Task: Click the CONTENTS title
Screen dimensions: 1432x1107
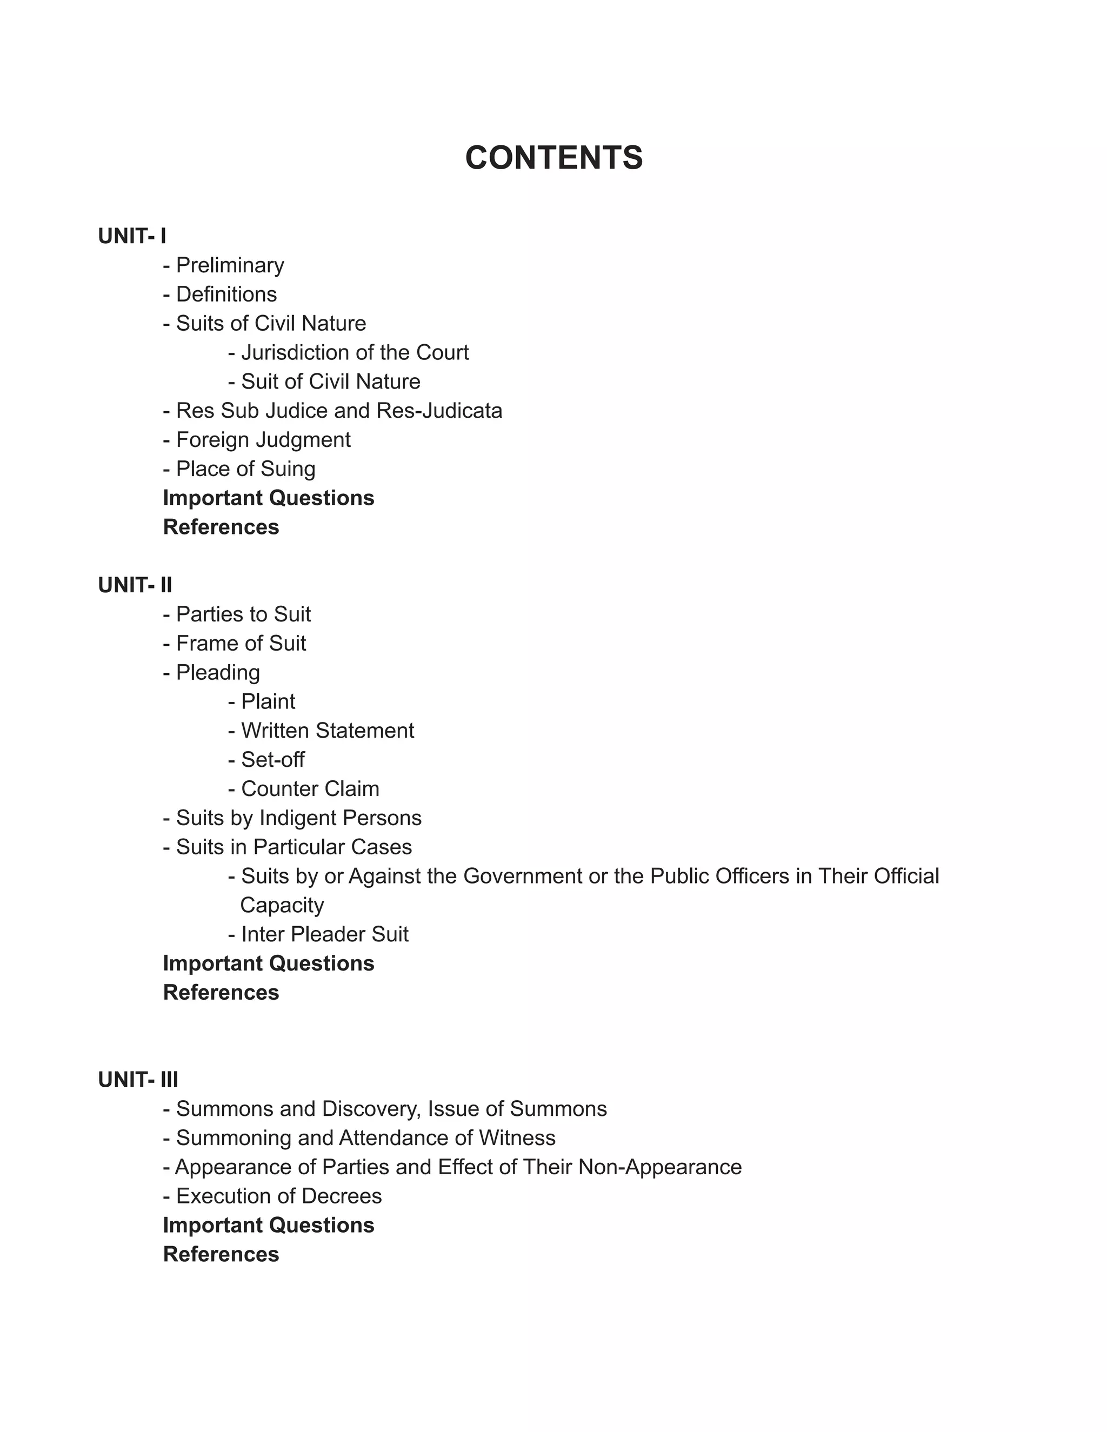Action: (553, 158)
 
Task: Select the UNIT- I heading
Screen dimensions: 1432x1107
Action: (132, 236)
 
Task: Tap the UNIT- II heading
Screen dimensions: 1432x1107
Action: (135, 585)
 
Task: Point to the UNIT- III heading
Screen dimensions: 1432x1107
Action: (138, 1080)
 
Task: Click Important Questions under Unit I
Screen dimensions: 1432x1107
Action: (268, 498)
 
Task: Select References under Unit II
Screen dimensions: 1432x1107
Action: (221, 993)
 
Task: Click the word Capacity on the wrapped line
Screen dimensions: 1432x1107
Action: (282, 906)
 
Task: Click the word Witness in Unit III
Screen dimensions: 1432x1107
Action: (517, 1138)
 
